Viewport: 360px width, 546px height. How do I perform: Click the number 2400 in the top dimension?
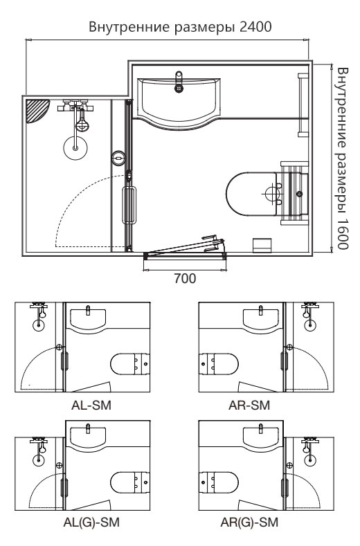point(255,27)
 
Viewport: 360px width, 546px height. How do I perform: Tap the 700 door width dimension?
point(185,279)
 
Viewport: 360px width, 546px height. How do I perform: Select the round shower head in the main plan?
point(75,148)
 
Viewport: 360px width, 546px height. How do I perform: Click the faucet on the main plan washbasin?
point(179,82)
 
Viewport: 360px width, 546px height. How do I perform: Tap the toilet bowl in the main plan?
point(251,193)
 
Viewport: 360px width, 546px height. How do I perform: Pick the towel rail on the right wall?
point(303,104)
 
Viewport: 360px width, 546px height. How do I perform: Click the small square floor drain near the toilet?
point(262,245)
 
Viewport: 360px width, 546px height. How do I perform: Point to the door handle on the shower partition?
point(129,205)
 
